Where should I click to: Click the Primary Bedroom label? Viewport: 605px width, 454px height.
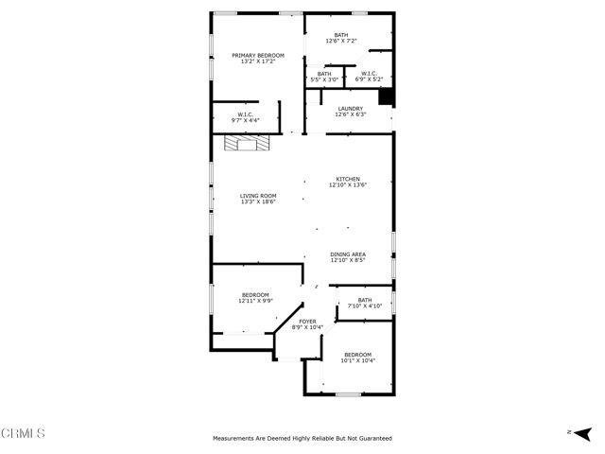coord(258,56)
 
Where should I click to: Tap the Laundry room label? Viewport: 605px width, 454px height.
coord(351,109)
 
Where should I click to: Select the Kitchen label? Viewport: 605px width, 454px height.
coord(347,179)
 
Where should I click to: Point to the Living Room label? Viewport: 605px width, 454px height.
coord(258,196)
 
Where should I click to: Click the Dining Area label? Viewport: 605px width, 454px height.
coord(348,254)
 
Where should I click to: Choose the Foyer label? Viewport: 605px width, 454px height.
coord(307,322)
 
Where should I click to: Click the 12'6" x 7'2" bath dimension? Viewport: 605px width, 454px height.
coord(340,42)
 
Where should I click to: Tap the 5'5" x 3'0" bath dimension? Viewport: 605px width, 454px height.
coord(324,79)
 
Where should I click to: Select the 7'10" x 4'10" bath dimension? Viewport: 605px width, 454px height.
coord(364,306)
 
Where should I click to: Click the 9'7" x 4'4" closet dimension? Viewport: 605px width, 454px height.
coord(247,121)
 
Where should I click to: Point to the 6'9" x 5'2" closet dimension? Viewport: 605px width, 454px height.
coord(367,79)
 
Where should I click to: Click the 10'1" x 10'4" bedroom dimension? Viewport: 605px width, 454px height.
coord(357,360)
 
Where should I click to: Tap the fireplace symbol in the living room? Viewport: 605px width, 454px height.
coord(246,143)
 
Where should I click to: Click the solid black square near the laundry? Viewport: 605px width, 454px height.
coord(385,96)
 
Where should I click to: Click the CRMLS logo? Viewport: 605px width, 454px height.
coord(24,433)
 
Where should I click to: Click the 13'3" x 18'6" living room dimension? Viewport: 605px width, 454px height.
coord(258,201)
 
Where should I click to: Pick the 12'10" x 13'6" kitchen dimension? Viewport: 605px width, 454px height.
coord(347,185)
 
